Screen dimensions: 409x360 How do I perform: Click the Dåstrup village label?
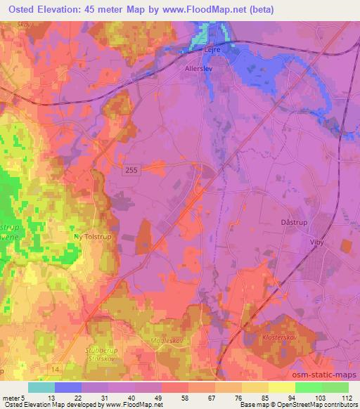(284, 221)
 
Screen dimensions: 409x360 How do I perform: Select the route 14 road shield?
(54, 368)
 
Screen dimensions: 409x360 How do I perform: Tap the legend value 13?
(50, 396)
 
